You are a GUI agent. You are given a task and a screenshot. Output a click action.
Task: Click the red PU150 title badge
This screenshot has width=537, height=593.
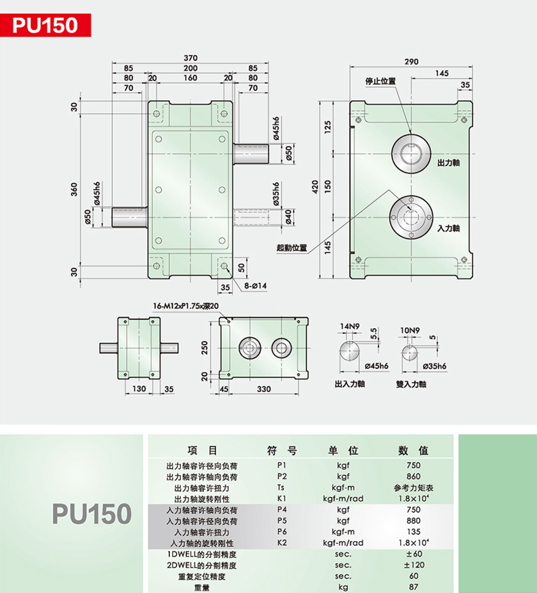[45, 26]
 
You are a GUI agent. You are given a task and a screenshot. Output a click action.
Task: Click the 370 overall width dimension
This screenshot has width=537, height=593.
[191, 58]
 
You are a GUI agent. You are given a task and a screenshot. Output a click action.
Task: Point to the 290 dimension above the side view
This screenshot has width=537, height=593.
[412, 61]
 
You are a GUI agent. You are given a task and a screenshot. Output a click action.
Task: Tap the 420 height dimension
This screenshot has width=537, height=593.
[316, 186]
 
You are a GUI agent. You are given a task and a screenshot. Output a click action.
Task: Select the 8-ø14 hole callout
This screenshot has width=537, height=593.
[256, 286]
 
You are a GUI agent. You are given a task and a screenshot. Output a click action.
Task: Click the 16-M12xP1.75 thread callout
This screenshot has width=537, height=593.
[185, 306]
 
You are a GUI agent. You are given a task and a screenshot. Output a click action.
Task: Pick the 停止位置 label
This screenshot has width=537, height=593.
[380, 81]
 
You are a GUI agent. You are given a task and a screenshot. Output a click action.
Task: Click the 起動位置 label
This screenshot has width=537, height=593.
[292, 248]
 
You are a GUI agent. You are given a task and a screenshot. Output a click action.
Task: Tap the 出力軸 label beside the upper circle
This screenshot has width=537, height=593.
[449, 162]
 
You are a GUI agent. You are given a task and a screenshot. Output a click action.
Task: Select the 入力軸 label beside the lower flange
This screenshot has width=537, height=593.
[449, 228]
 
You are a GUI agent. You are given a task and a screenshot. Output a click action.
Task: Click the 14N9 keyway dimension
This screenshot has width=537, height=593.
[350, 326]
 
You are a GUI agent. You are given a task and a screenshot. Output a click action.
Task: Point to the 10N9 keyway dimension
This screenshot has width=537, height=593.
[410, 330]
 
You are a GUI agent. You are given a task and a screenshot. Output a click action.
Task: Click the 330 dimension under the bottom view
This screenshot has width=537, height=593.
[264, 389]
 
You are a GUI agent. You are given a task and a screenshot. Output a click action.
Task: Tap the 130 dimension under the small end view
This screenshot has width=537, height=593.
[139, 389]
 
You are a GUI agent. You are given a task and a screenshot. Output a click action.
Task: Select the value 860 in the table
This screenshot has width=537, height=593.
[414, 477]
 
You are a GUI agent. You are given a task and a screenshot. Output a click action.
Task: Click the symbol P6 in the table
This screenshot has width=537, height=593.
[282, 532]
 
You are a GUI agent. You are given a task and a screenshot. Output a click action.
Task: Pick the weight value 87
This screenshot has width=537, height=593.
[414, 587]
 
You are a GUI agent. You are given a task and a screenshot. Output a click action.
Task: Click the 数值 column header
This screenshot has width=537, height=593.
[413, 450]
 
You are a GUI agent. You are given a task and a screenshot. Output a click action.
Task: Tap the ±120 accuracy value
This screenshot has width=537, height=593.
[414, 565]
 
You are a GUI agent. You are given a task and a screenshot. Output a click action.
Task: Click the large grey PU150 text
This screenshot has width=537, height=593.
[92, 514]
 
